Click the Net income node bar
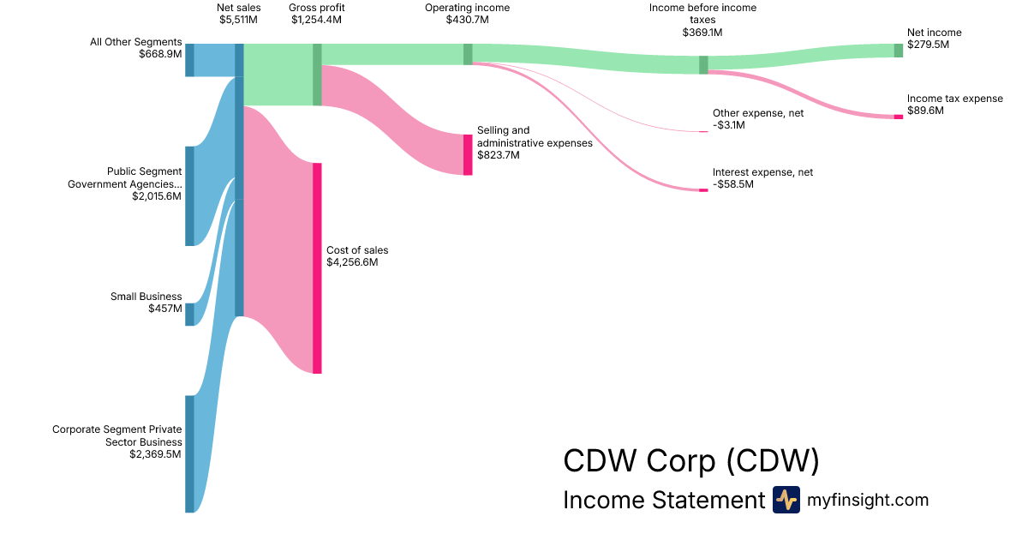tap(899, 50)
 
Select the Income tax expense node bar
tap(899, 117)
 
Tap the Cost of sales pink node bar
tap(317, 268)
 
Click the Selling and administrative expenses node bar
tap(468, 155)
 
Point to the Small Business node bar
tap(190, 314)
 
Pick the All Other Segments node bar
tap(190, 60)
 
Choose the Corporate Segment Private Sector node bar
tap(190, 453)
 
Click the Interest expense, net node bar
tap(703, 190)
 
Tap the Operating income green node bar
tap(468, 54)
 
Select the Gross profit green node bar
tap(317, 75)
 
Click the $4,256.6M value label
tap(352, 262)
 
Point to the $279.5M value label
tap(929, 45)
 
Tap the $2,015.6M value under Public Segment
tap(156, 196)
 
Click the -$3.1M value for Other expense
tap(729, 125)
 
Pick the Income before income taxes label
tap(702, 13)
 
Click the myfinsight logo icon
tap(786, 500)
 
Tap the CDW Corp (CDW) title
tap(691, 461)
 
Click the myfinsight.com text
tap(868, 500)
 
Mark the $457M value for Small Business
tap(164, 309)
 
